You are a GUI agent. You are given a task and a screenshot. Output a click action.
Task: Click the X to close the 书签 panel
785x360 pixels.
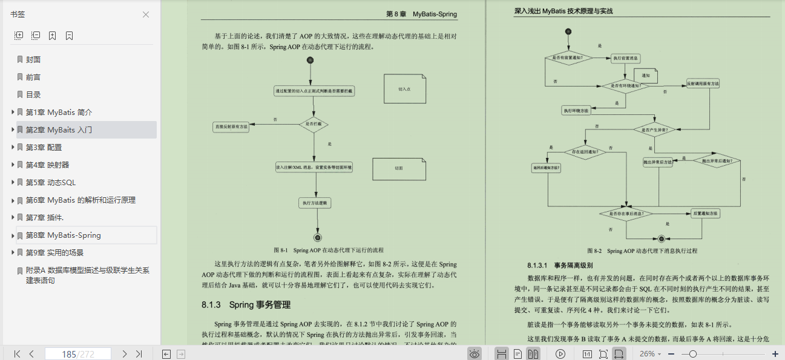[146, 15]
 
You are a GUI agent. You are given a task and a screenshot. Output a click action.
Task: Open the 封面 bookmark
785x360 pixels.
[33, 60]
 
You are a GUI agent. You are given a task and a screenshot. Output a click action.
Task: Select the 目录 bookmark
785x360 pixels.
[33, 95]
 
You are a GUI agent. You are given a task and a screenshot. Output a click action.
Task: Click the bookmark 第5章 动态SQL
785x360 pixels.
[51, 183]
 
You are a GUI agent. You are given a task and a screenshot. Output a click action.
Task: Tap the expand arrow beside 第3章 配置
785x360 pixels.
[13, 148]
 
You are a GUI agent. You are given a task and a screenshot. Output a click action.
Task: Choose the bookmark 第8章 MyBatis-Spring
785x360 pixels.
[63, 235]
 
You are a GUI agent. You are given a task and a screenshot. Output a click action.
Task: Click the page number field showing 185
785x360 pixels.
[77, 354]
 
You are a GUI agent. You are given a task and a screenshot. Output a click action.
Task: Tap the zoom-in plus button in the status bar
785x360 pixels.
[775, 354]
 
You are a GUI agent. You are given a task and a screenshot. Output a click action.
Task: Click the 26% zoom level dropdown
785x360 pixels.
[651, 354]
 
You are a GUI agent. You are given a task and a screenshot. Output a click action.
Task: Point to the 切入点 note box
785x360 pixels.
[404, 89]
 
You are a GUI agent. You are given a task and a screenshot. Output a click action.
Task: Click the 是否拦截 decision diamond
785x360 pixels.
[314, 125]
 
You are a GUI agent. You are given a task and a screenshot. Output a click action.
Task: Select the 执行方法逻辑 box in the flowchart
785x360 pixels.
[314, 203]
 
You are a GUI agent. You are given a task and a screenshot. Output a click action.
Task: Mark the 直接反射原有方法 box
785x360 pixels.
[231, 127]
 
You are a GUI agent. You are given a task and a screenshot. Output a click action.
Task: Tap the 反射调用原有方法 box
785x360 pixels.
[703, 83]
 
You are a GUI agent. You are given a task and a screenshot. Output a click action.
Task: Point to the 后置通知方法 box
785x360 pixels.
[706, 214]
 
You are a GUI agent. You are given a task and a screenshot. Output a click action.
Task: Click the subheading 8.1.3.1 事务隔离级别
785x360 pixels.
[560, 265]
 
